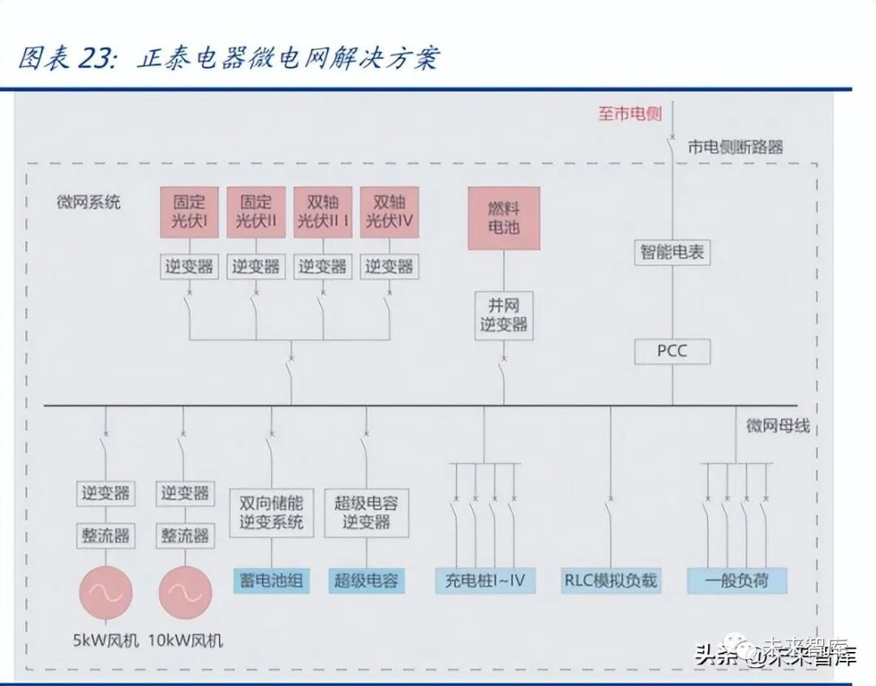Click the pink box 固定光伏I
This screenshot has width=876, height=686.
(190, 212)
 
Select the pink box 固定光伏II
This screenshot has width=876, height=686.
(256, 212)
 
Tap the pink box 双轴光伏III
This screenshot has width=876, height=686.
(323, 212)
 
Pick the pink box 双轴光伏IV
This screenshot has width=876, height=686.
(389, 212)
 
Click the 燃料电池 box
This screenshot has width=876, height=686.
(504, 218)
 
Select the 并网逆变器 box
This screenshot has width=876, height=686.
(504, 315)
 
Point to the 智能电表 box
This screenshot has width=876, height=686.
(672, 252)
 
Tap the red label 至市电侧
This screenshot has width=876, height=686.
(630, 114)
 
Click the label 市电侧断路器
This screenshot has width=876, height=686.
(736, 148)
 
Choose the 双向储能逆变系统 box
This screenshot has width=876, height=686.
(271, 512)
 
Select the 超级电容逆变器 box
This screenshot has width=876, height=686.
(367, 512)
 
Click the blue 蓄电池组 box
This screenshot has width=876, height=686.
(271, 581)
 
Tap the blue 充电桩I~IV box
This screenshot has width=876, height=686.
(485, 581)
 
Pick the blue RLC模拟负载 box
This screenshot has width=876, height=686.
(611, 581)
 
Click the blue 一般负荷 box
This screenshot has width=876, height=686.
(736, 581)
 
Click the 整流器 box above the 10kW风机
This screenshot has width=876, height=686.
(185, 536)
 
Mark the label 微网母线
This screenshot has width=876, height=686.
(778, 426)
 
